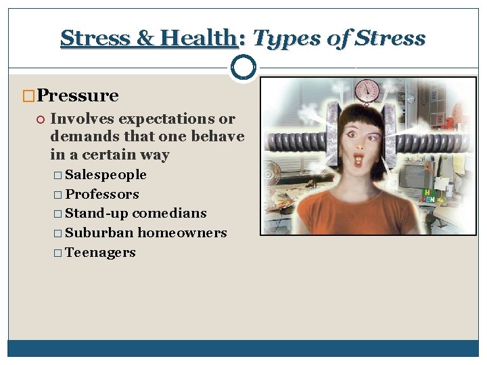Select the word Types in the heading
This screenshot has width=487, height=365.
[x=281, y=38]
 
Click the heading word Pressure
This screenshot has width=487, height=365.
[x=78, y=96]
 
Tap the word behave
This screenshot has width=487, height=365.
[x=219, y=137]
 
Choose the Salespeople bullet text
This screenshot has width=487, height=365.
[x=106, y=175]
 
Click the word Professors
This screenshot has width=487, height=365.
[x=102, y=195]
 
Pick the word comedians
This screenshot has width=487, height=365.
[x=170, y=214]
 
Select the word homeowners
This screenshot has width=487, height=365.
[x=182, y=233]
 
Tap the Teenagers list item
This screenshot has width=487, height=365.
[x=100, y=253]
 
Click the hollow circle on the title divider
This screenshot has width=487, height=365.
[x=243, y=67]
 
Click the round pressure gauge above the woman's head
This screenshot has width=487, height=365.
[x=367, y=91]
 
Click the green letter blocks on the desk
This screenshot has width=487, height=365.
[x=429, y=196]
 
